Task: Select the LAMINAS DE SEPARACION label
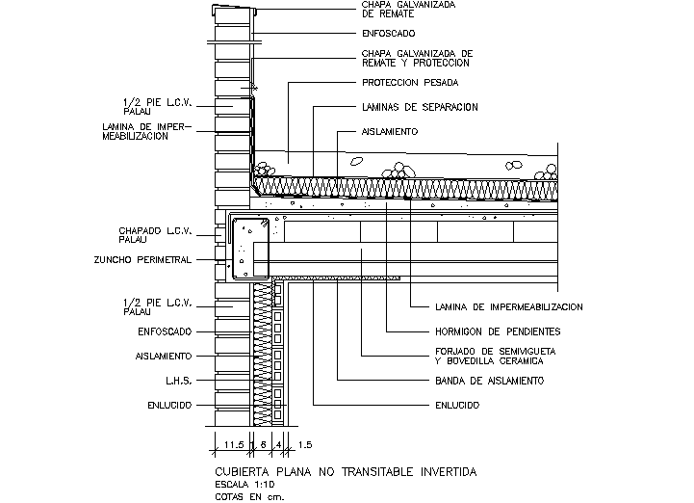tap(420, 107)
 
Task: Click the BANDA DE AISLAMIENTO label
tap(488, 382)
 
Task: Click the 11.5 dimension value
tap(232, 445)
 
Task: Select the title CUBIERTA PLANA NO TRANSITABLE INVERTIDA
tap(346, 471)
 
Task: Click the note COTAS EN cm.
tap(249, 497)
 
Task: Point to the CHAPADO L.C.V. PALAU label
tap(155, 234)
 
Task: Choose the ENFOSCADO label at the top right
tap(389, 34)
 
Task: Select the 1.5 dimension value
tap(304, 445)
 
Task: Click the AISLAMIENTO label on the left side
tap(164, 356)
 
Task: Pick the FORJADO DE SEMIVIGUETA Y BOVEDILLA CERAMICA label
tap(490, 356)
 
